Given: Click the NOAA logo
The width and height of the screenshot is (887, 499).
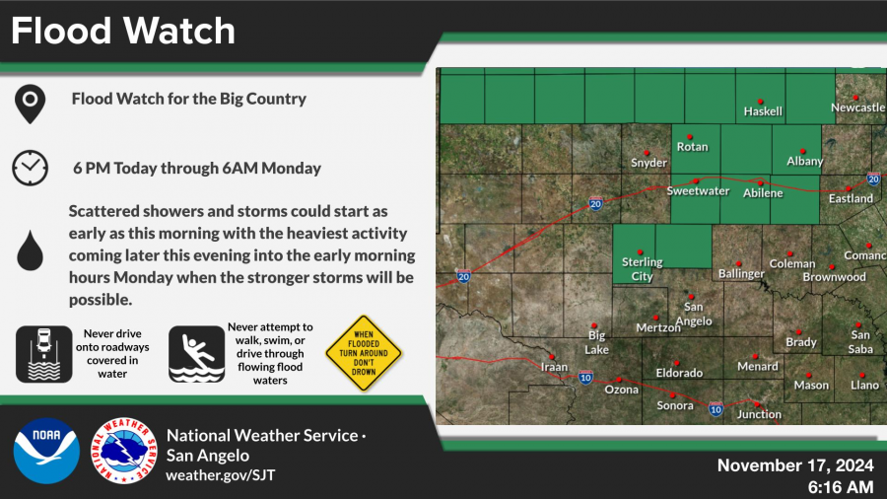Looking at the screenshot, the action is point(46,451).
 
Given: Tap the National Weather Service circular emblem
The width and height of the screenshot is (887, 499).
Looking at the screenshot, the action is point(124,451).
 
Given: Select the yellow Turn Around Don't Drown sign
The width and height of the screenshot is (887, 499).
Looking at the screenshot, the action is point(364,353).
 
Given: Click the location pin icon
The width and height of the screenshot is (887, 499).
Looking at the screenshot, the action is point(30,105).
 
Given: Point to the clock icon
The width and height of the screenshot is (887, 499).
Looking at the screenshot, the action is point(30,168).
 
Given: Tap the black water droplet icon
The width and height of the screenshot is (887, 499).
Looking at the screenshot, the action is point(30,250).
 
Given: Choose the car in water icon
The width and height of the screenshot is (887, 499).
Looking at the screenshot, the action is point(44,354).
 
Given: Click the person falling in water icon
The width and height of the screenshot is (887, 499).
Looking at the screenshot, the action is point(196,354).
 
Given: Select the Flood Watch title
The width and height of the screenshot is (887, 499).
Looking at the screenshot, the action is point(123,31).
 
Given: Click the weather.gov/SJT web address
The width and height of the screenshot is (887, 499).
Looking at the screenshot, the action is point(221,474).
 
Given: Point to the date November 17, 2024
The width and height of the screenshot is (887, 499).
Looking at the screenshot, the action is point(795,465).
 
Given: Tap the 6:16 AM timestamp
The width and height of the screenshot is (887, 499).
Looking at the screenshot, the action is point(841,487).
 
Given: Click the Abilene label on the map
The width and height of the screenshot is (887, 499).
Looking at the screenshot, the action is point(763,193).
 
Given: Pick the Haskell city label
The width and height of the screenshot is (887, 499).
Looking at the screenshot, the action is point(763,111).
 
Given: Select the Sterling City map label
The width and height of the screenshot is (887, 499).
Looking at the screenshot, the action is point(642,269).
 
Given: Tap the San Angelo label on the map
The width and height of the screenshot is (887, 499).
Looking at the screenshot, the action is point(694,314).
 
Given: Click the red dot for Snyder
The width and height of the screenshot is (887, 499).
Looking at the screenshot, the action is point(647,153).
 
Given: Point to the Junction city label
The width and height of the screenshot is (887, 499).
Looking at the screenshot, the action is point(759,415).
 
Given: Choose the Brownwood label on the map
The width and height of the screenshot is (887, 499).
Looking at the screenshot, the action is point(835,277).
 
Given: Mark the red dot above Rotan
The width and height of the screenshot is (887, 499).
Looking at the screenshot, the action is point(690,137).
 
